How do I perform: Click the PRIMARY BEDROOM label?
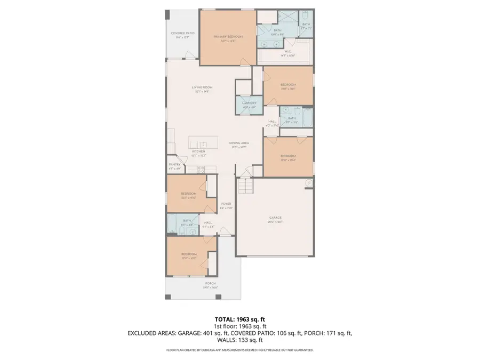pyautogui.click(x=228, y=37)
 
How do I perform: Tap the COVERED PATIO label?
pyautogui.click(x=182, y=34)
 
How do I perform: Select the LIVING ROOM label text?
pyautogui.click(x=202, y=87)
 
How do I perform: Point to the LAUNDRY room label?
pyautogui.click(x=249, y=103)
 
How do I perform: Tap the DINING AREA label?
pyautogui.click(x=239, y=143)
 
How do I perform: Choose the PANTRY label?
pyautogui.click(x=175, y=165)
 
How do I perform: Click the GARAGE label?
pyautogui.click(x=275, y=218)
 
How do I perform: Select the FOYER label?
pyautogui.click(x=226, y=204)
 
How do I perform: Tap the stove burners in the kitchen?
pyautogui.click(x=201, y=170)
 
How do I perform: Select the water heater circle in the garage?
pyautogui.click(x=308, y=183)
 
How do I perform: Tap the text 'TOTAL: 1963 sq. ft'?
pyautogui.click(x=239, y=319)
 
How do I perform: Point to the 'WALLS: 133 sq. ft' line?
pyautogui.click(x=239, y=340)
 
